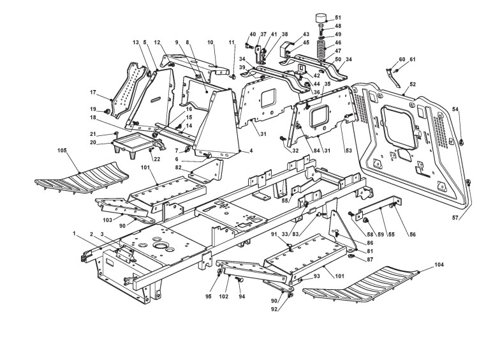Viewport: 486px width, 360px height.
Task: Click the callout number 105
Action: click(62, 151)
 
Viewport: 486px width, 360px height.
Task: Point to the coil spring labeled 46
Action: click(322, 45)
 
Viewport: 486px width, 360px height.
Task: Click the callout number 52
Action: click(413, 84)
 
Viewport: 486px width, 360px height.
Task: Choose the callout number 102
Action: click(223, 296)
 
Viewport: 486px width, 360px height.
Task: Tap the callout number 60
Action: click(402, 59)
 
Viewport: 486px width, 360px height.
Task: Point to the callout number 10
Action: click(210, 42)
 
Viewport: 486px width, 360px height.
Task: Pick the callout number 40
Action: click(253, 34)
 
